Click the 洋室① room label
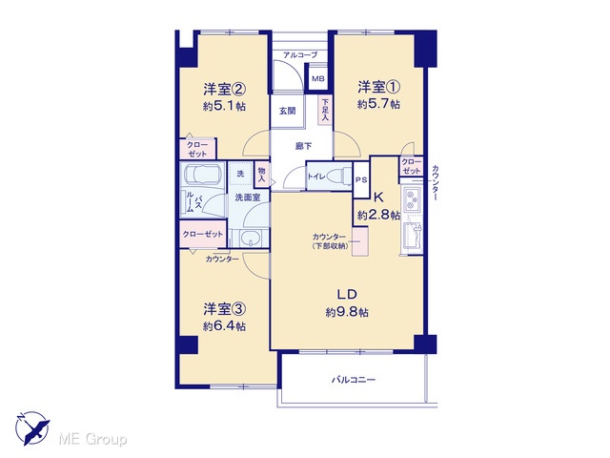click(x=379, y=87)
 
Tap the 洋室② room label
click(x=224, y=90)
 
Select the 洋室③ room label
click(x=224, y=309)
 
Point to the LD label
click(x=347, y=295)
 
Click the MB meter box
click(x=318, y=78)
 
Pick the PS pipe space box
click(x=361, y=180)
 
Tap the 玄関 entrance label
click(x=288, y=111)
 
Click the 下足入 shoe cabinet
click(x=325, y=111)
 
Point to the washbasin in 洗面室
click(x=249, y=238)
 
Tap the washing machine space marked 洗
click(x=241, y=174)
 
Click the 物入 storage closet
click(x=262, y=174)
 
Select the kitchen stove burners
click(x=411, y=199)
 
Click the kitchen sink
click(x=413, y=238)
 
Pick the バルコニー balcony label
click(x=354, y=380)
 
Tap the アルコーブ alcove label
click(x=300, y=55)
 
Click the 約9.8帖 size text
click(x=347, y=312)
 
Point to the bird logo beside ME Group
click(x=32, y=428)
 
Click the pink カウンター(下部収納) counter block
click(x=360, y=241)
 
